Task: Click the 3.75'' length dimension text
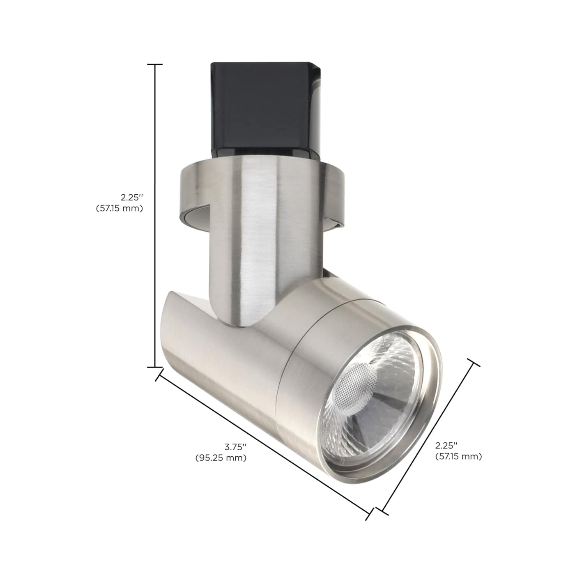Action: [236, 446]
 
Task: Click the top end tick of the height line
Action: [155, 64]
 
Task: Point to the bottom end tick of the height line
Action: [155, 367]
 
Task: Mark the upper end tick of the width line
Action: [473, 363]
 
